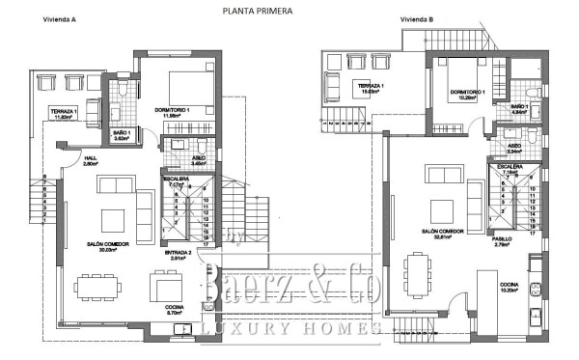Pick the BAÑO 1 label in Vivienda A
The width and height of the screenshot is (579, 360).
coord(121,134)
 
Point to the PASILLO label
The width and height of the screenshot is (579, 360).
coord(502,237)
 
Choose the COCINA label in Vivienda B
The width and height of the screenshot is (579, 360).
coord(509,287)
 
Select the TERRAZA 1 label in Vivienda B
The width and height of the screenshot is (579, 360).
coord(372,87)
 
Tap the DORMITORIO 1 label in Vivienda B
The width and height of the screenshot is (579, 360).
coord(467,93)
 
